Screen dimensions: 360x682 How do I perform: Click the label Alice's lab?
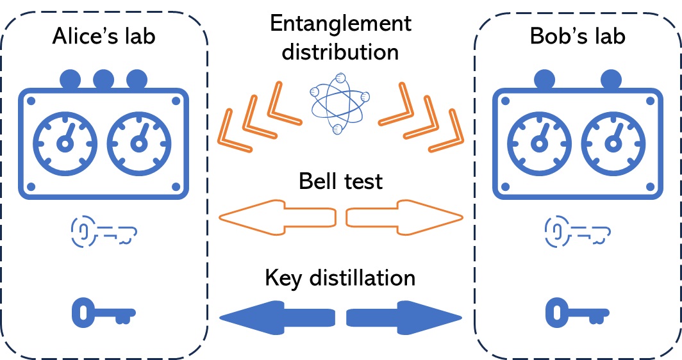[103, 37]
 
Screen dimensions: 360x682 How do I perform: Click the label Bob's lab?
[578, 37]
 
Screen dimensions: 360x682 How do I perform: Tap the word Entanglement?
[340, 24]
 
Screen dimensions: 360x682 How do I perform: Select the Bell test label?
[340, 181]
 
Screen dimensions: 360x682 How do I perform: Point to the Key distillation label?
[340, 278]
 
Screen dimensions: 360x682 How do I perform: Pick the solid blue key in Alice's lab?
[102, 313]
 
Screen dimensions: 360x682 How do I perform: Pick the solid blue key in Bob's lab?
[577, 313]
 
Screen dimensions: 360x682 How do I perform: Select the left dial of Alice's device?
[64, 142]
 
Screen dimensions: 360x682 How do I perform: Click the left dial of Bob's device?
[539, 142]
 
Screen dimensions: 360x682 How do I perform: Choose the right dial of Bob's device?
[613, 142]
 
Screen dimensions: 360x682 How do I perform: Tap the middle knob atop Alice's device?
[103, 79]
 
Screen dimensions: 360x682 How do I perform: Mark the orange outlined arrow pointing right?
[404, 218]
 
